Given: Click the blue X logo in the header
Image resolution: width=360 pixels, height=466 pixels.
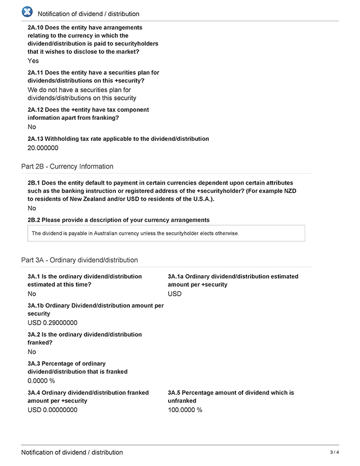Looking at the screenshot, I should click(27, 12).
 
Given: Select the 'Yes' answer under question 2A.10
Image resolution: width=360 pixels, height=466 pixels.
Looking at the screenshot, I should click(33, 60).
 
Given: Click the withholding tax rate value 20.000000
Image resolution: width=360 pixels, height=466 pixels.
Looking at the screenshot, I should click(43, 148).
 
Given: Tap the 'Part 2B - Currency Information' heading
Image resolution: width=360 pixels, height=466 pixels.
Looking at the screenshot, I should click(67, 166).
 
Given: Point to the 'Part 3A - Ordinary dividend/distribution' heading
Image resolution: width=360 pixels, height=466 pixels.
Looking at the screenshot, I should click(79, 260).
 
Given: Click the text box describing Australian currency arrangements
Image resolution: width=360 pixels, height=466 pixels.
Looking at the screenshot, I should click(166, 233).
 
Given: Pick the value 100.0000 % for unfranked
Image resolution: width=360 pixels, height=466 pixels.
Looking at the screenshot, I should click(185, 410).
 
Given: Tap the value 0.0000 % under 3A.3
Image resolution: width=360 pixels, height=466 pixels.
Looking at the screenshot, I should click(41, 381).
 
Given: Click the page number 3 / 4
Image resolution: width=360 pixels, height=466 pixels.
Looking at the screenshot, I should click(334, 453).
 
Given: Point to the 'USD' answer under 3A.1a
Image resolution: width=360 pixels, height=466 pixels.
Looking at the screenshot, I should click(175, 294).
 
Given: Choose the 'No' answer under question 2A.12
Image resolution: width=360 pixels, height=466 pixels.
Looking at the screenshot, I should click(32, 127).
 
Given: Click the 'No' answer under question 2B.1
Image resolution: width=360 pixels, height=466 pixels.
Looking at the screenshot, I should click(32, 209).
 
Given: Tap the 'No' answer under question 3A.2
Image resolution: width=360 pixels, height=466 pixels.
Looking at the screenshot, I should click(32, 352).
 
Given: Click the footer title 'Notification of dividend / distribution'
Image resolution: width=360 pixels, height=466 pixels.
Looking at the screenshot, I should click(72, 453).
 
